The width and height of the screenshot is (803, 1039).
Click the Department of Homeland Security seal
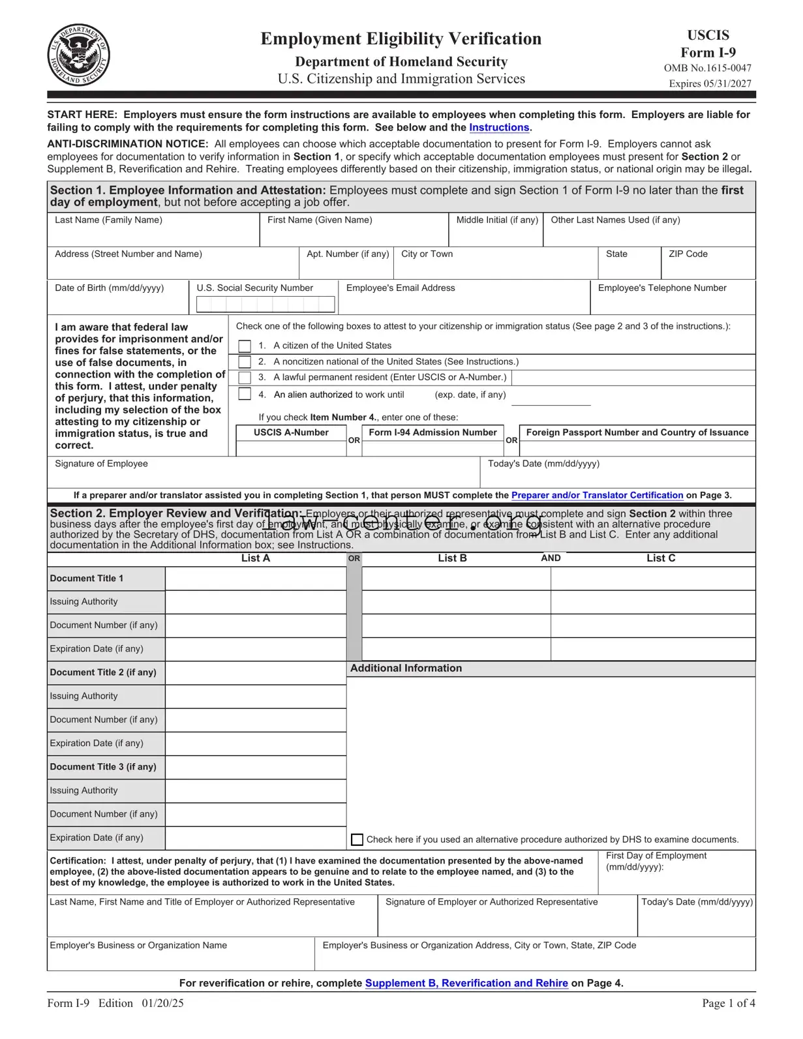click(x=78, y=55)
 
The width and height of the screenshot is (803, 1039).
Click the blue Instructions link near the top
click(x=499, y=128)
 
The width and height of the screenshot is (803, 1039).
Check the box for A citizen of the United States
click(x=245, y=346)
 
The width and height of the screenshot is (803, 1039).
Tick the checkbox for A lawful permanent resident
click(x=245, y=378)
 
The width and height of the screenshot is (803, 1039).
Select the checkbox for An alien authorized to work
click(x=245, y=394)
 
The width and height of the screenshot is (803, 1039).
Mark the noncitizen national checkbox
click(x=245, y=362)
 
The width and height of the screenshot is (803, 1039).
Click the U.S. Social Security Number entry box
click(x=265, y=304)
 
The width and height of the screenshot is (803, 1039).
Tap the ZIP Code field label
click(x=688, y=254)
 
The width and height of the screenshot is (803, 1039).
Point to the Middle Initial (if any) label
click(x=497, y=220)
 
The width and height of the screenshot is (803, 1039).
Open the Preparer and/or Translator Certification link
click(x=597, y=496)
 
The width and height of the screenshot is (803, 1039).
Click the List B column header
click(x=452, y=558)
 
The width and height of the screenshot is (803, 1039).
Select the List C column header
click(x=661, y=558)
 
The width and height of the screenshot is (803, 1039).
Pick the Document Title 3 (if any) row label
click(x=103, y=767)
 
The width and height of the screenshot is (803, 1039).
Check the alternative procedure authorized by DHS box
click(x=357, y=840)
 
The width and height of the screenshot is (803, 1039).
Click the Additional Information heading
click(x=406, y=669)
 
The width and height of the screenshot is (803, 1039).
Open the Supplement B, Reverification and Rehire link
click(x=466, y=984)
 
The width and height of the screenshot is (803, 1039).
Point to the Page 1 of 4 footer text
click(x=728, y=1004)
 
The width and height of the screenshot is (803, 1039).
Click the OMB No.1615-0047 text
click(x=707, y=68)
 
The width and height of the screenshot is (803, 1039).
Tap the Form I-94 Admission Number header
click(x=432, y=432)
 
